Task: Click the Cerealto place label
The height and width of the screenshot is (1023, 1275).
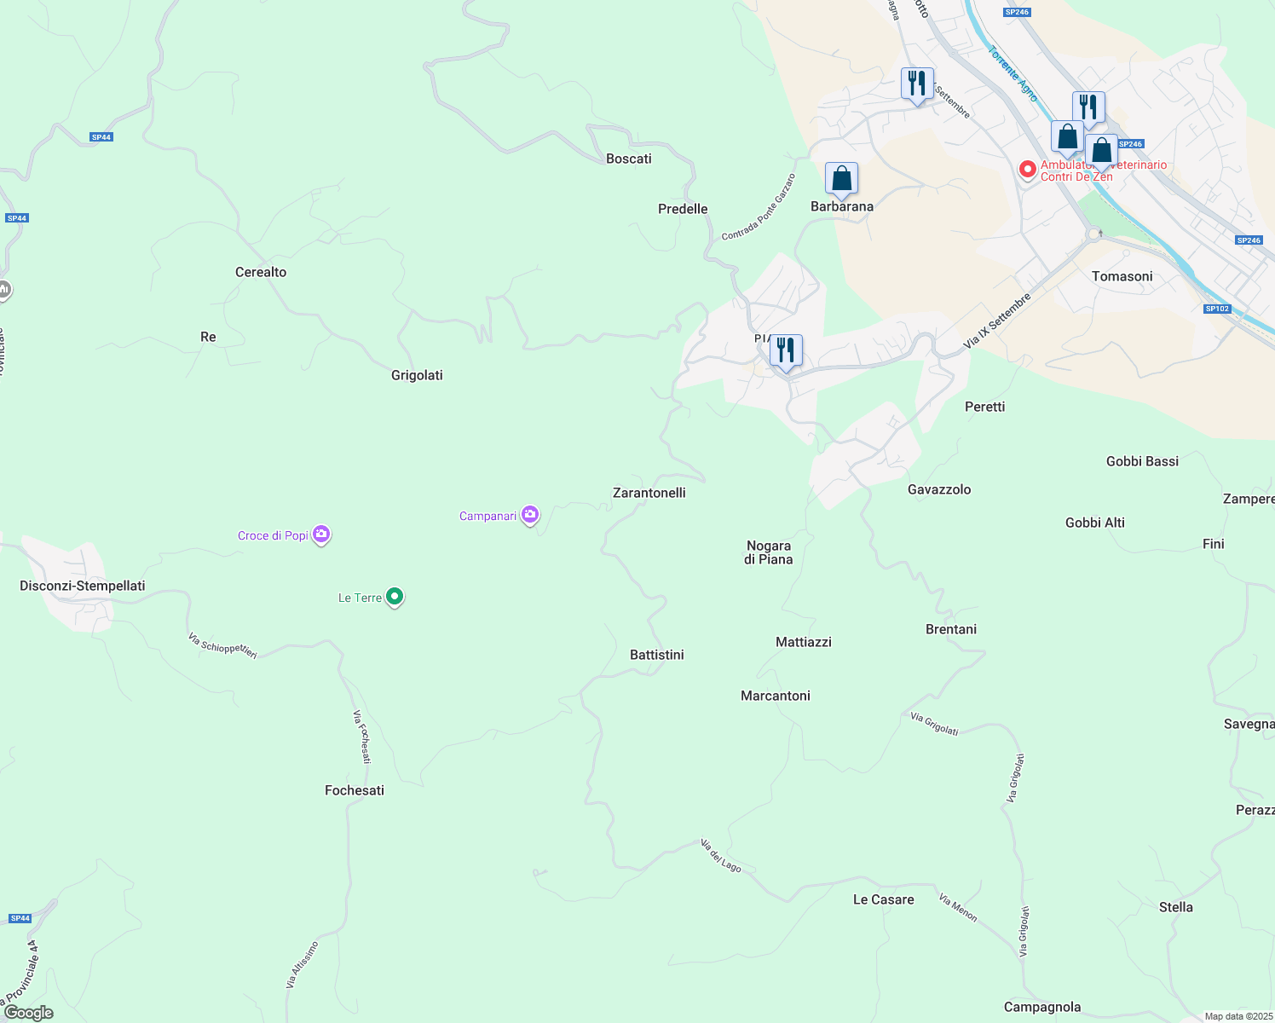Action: tap(261, 272)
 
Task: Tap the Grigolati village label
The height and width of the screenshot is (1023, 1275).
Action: tap(417, 375)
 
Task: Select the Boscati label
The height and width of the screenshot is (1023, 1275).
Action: tap(629, 159)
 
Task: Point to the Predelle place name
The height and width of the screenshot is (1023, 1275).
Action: tap(683, 209)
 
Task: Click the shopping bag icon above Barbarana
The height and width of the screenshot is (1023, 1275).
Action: tap(841, 179)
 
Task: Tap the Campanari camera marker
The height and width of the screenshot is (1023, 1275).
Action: tap(530, 514)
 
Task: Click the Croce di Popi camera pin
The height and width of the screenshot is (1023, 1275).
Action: tap(321, 535)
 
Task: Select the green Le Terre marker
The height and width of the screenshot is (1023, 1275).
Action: tap(395, 597)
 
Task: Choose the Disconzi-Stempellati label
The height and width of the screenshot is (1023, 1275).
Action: tap(83, 586)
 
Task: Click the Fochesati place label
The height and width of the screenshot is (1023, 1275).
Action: tap(355, 790)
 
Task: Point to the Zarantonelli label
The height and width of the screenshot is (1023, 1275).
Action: tap(649, 493)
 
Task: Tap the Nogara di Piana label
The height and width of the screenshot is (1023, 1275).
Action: tap(769, 552)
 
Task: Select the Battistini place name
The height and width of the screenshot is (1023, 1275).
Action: tap(657, 655)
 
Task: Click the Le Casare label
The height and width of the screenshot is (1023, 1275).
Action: tap(884, 899)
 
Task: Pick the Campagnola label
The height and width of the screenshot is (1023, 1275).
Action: tap(1042, 1007)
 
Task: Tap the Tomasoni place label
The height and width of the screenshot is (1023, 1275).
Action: tap(1122, 276)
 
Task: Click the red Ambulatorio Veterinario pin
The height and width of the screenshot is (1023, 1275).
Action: tap(1028, 170)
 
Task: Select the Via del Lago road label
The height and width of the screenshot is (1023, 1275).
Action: tap(721, 856)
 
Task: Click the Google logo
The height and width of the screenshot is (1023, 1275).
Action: tap(29, 1013)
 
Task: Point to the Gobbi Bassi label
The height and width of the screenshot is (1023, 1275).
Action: tap(1143, 461)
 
